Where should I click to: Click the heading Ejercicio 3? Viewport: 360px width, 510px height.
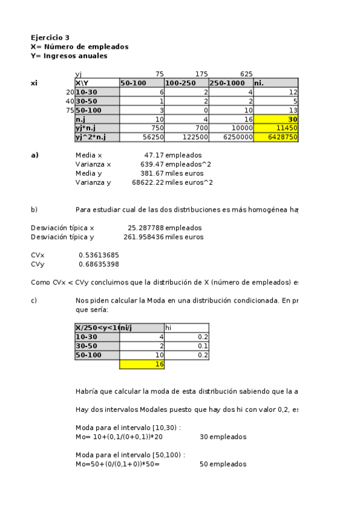(50, 37)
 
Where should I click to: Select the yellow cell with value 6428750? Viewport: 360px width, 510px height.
(276, 137)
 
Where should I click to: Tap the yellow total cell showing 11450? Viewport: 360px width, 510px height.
(276, 128)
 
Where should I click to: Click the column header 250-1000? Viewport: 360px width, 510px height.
(231, 82)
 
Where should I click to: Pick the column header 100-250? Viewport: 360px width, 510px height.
(186, 82)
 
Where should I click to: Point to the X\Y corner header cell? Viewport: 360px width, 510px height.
(97, 82)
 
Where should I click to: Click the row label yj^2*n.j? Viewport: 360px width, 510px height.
(97, 137)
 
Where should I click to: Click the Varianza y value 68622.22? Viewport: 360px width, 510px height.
(147, 182)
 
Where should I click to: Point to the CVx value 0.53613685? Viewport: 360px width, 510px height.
(99, 255)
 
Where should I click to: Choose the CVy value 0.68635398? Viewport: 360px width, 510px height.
(99, 264)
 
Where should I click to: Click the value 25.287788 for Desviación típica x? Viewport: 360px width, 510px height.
(145, 228)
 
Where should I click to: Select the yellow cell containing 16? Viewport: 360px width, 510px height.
(142, 364)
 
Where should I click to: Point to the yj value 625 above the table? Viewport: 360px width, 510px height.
(246, 74)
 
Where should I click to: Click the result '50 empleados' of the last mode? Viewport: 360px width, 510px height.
(223, 464)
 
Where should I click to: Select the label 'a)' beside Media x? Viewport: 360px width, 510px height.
(34, 155)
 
